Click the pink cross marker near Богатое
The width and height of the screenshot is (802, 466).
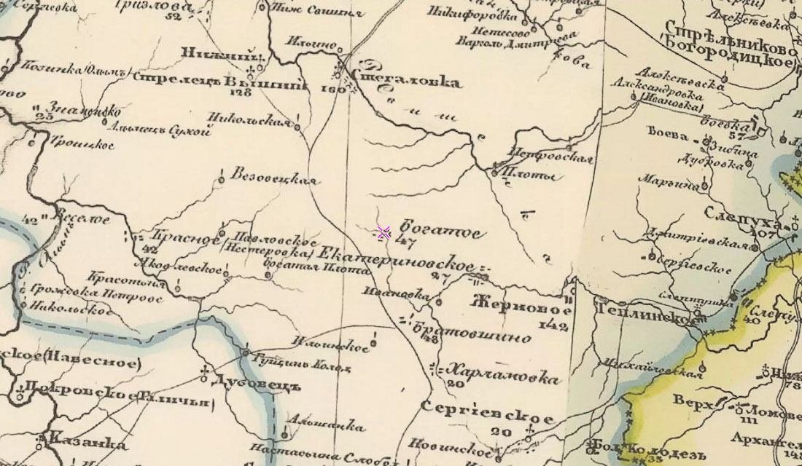click(384, 232)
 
